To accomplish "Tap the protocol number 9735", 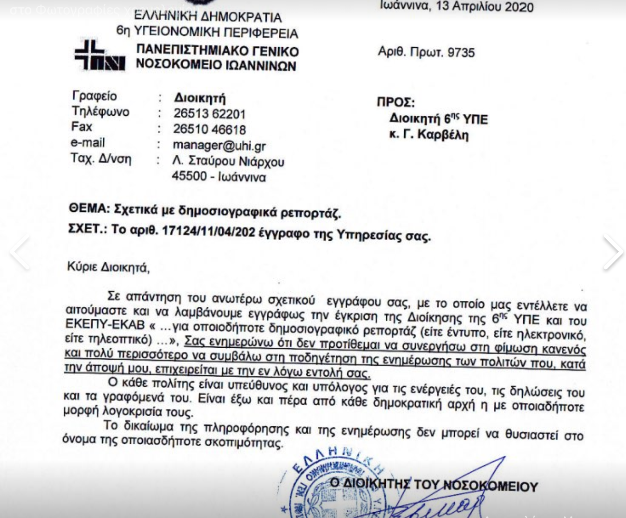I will [461, 52].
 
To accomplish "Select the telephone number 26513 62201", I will [209, 114].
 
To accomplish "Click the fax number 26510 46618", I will [209, 129].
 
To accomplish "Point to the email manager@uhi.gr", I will [219, 145].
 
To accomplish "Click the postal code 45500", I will [189, 176].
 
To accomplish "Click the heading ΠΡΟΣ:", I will [395, 102].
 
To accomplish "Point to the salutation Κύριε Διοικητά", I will [108, 267].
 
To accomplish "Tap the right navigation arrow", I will [612, 252].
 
